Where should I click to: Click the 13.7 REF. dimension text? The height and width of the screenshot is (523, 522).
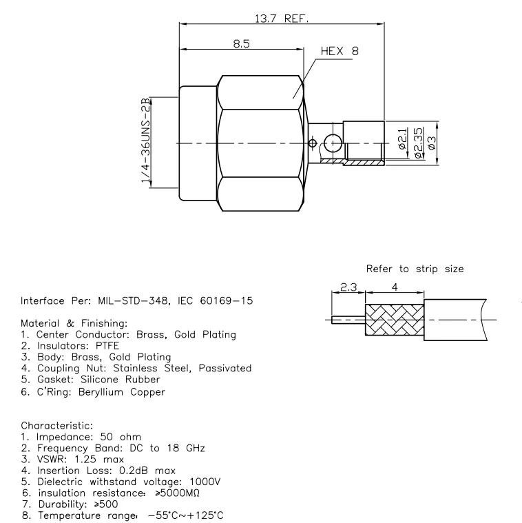click(282, 19)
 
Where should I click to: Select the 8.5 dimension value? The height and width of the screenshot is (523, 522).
click(241, 43)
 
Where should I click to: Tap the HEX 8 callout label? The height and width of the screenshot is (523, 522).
click(340, 52)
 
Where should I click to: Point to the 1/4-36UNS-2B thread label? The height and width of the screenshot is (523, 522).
click(146, 142)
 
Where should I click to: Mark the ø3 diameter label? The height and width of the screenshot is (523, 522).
click(432, 143)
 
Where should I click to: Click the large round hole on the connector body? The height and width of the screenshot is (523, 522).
click(333, 144)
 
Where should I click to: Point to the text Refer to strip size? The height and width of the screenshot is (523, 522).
click(415, 268)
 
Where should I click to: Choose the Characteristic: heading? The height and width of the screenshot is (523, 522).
click(53, 426)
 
